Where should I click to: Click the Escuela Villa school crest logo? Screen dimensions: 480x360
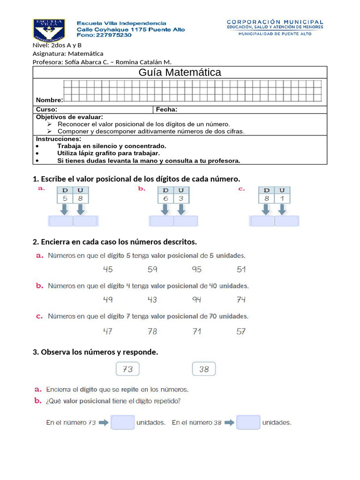[49, 30]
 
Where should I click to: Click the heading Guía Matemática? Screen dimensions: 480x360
[180, 72]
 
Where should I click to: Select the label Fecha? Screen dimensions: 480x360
[166, 110]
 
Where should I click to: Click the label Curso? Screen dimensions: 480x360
[46, 110]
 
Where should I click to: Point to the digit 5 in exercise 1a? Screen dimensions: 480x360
[65, 199]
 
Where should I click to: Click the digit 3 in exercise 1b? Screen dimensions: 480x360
[181, 199]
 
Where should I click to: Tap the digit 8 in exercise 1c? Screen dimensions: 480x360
[266, 199]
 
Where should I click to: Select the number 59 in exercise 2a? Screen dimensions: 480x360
[152, 270]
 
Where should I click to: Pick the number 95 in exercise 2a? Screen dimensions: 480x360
[196, 270]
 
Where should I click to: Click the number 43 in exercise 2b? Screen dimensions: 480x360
[152, 300]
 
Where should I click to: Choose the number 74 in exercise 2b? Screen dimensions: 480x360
[241, 300]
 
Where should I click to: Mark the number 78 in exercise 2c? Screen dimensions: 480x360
[152, 331]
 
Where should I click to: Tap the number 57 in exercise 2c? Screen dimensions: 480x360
[241, 331]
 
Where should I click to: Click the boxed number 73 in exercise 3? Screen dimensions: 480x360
[127, 369]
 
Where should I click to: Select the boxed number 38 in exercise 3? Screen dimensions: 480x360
[204, 369]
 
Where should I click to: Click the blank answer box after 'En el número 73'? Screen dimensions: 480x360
[123, 422]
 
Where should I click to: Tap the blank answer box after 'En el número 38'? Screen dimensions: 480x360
[248, 422]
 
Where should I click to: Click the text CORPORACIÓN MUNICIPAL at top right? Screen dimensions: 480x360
[275, 22]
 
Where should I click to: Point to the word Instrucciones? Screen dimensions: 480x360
[59, 139]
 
